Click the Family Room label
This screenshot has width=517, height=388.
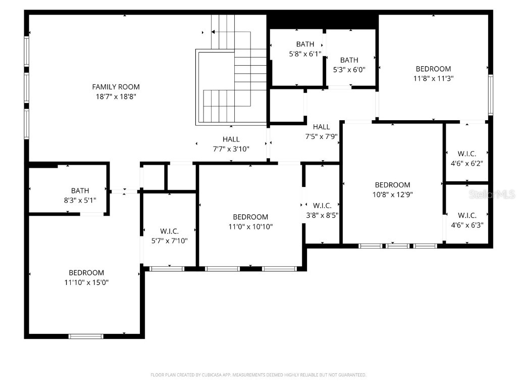click(116, 87)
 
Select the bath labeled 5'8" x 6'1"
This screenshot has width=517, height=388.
click(305, 49)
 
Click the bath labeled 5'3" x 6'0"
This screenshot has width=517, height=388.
click(349, 65)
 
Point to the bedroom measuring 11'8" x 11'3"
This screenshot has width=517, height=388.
click(433, 73)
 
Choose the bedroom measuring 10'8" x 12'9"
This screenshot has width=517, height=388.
click(392, 189)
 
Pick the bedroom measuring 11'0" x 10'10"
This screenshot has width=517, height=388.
click(250, 222)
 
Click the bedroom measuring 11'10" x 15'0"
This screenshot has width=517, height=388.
click(86, 277)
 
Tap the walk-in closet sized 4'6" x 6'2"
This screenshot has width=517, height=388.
click(467, 158)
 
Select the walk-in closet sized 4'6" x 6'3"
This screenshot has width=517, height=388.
click(467, 220)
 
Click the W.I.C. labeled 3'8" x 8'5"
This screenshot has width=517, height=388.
click(322, 210)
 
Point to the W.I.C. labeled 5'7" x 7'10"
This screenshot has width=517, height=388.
click(170, 236)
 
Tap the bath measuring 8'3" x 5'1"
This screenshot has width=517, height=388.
click(80, 195)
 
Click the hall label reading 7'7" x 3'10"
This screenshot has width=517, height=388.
click(231, 143)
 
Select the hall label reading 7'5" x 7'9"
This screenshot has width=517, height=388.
click(321, 131)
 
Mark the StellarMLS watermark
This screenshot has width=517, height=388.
click(492, 194)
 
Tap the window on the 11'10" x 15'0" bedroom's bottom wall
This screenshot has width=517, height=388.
click(86, 336)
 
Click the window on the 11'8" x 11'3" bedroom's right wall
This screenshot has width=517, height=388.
click(490, 95)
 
